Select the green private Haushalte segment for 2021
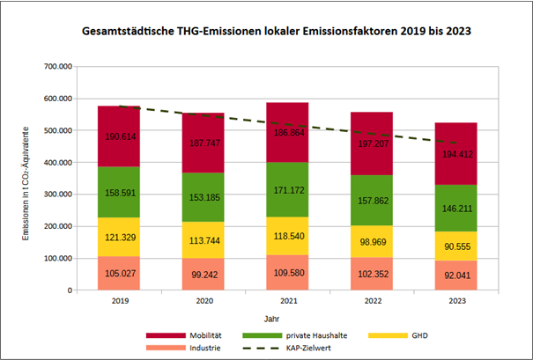pyautogui.click(x=287, y=189)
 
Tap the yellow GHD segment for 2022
pyautogui.click(x=372, y=241)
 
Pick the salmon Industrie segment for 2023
pyautogui.click(x=455, y=276)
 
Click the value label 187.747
pyautogui.click(x=204, y=143)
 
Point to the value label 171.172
pyautogui.click(x=289, y=190)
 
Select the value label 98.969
pyautogui.click(x=374, y=242)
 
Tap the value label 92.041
pyautogui.click(x=457, y=276)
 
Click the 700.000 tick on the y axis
pyautogui.click(x=58, y=67)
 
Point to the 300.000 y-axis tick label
pyautogui.click(x=58, y=195)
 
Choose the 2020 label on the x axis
pyautogui.click(x=204, y=301)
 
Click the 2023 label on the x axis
pyautogui.click(x=457, y=301)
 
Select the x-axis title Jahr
pyautogui.click(x=271, y=319)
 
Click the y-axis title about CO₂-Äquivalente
pyautogui.click(x=26, y=184)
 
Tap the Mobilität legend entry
pyautogui.click(x=184, y=335)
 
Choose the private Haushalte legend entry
pyautogui.click(x=295, y=335)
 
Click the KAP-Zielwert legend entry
pyautogui.click(x=286, y=348)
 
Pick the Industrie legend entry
pyautogui.click(x=183, y=348)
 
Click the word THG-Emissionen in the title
pyautogui.click(x=218, y=31)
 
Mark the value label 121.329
pyautogui.click(x=121, y=238)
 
